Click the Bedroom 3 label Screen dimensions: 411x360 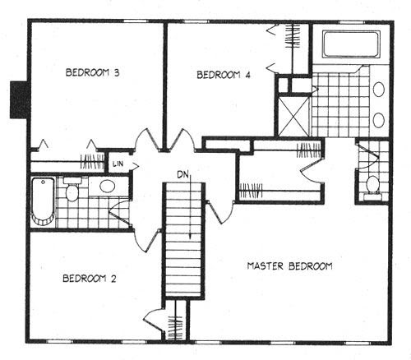[x=93, y=73]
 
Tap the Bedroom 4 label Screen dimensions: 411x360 [x=224, y=75]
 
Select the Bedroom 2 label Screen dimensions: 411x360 [x=90, y=279]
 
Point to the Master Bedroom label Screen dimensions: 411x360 [x=289, y=266]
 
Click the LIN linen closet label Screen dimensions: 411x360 [x=118, y=164]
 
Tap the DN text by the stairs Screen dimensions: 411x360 [x=182, y=174]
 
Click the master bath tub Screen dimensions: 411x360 [x=352, y=44]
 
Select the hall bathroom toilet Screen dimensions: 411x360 [x=72, y=189]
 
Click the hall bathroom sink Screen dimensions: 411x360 [x=107, y=187]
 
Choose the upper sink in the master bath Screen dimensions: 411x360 [x=379, y=89]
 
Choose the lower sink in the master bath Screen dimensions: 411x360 [x=379, y=120]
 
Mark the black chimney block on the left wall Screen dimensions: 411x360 [x=19, y=100]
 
